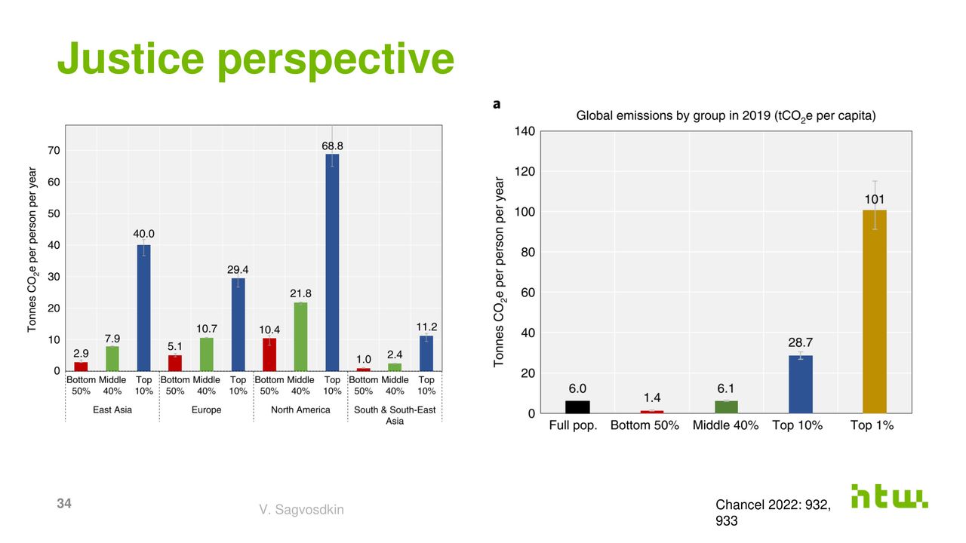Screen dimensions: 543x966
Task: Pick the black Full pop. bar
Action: tap(577, 406)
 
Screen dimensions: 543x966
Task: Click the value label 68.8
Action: tap(332, 146)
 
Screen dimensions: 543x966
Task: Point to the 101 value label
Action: tap(875, 199)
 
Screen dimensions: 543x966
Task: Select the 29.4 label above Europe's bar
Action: tap(238, 269)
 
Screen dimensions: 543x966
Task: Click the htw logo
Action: tap(889, 495)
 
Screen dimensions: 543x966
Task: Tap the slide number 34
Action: tap(64, 504)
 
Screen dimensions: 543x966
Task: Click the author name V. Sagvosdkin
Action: tap(301, 511)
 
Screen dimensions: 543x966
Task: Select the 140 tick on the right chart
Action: tap(525, 132)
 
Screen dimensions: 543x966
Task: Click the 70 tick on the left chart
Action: tap(54, 151)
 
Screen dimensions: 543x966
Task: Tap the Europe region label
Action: tap(206, 410)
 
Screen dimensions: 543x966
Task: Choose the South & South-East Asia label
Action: tap(395, 415)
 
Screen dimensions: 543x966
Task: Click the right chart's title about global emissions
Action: tap(725, 116)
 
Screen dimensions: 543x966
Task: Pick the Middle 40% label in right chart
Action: tap(725, 425)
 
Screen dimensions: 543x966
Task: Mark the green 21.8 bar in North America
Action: tap(300, 336)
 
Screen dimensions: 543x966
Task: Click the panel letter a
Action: tap(497, 105)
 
